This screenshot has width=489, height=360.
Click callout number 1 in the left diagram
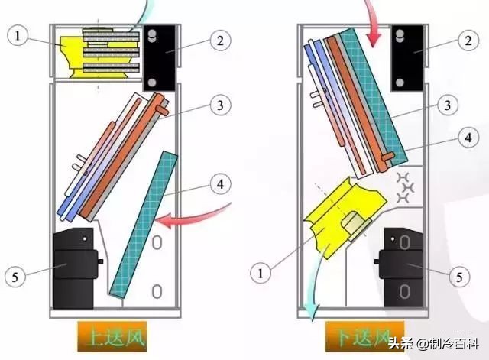point(18,35)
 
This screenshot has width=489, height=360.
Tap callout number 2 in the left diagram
point(221,41)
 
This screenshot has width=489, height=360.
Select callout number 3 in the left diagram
point(221,105)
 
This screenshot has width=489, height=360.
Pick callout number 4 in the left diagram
point(221,184)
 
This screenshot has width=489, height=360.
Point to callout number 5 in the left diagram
point(15,277)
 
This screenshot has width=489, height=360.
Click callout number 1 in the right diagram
point(261,274)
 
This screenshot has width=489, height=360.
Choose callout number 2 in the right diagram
point(468,41)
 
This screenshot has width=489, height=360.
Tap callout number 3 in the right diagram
point(448,105)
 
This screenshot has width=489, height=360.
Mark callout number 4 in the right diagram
point(468,138)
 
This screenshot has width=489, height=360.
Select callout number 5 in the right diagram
point(459,277)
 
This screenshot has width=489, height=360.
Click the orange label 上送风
point(112,337)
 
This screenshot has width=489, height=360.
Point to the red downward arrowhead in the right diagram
point(374,40)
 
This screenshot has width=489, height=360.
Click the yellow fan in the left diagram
point(99,54)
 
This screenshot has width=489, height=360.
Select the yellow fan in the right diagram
point(346,218)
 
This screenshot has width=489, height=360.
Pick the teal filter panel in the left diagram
point(144,224)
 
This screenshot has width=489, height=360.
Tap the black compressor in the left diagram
point(76,268)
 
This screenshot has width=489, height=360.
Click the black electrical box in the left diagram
point(160,58)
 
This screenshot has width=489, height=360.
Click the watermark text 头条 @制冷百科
point(434,344)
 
